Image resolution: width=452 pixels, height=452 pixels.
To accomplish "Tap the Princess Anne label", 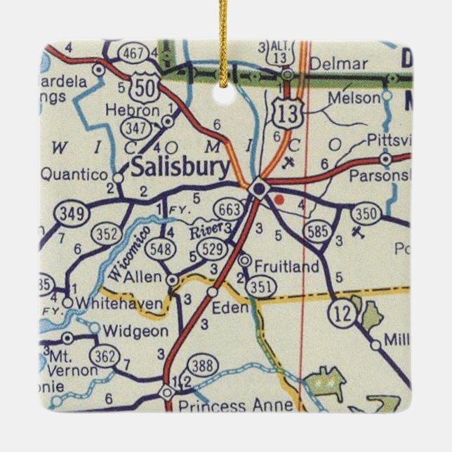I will point(212,406).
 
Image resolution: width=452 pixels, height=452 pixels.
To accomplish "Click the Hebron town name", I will point(131,110).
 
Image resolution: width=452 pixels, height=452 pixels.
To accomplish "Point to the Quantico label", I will point(74,173).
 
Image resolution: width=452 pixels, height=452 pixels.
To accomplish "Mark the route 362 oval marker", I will point(105,357).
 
